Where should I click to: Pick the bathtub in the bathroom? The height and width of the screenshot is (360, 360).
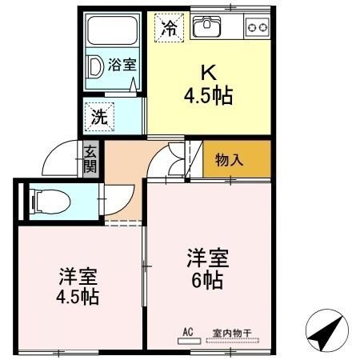pos(113,32)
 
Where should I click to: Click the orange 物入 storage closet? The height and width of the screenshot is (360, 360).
pos(236,160)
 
